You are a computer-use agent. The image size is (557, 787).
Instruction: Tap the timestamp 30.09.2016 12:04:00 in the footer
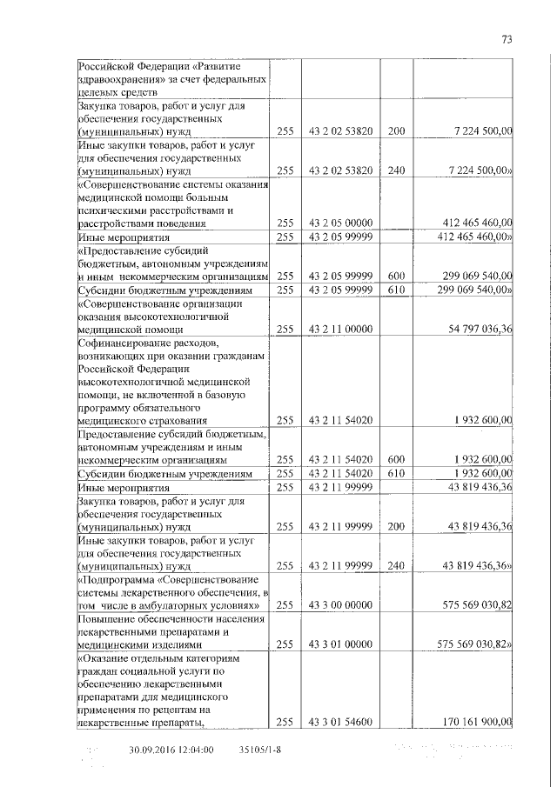click(x=171, y=749)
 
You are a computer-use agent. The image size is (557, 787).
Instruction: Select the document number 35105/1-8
click(x=261, y=749)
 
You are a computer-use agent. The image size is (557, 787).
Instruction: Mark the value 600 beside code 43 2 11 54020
click(x=396, y=459)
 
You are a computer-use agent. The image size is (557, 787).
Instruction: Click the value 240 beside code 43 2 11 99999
click(x=396, y=566)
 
